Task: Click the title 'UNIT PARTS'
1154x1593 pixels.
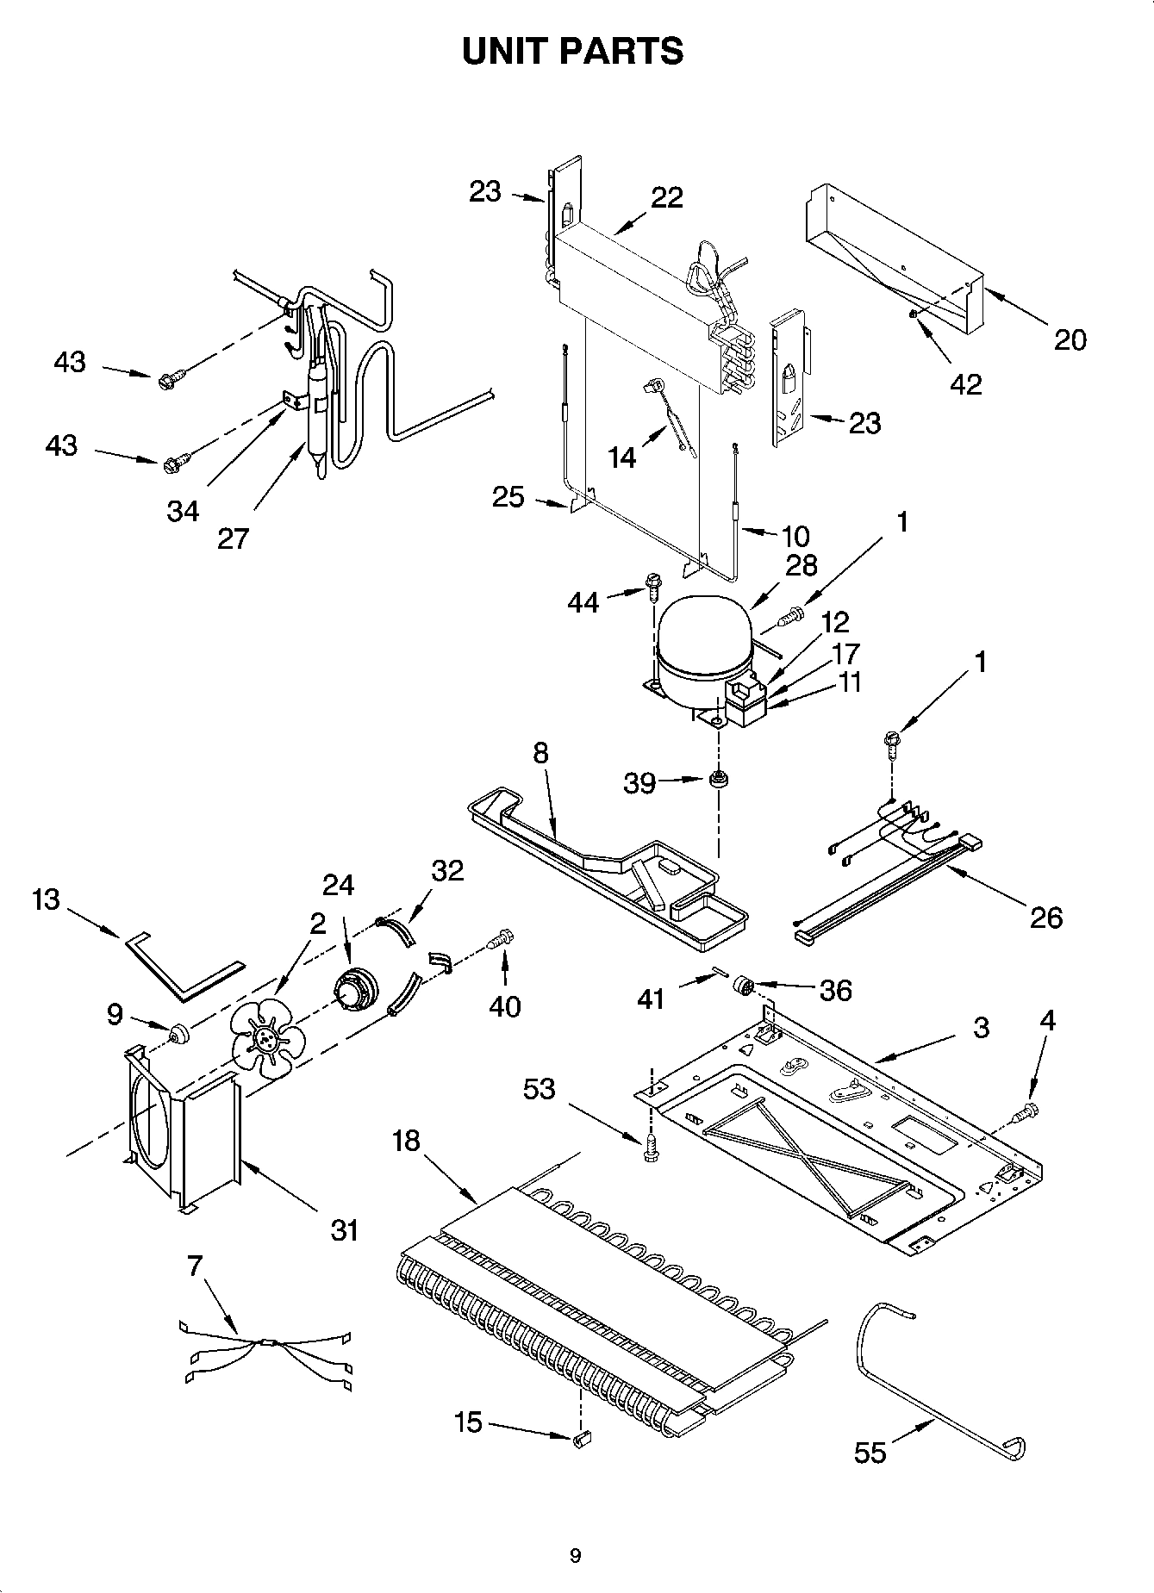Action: pos(572,52)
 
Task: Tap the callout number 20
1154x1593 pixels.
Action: pos(1070,340)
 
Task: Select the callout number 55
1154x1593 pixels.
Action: pos(870,1453)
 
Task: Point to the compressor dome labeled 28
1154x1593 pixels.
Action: pos(702,638)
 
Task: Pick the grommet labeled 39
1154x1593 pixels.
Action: pos(716,781)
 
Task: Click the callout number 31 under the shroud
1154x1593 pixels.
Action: pos(344,1229)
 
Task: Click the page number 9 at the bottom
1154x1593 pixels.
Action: pos(575,1555)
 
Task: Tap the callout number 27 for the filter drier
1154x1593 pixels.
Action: pos(233,538)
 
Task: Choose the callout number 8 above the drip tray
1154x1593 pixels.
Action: pos(540,753)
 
